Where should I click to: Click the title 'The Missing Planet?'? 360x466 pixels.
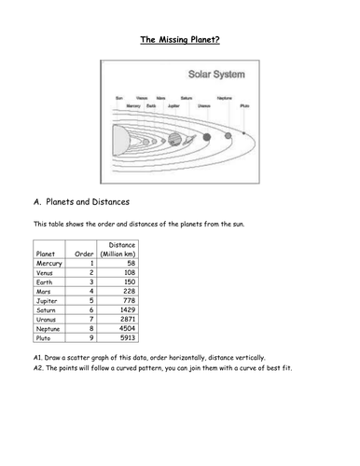point(179,40)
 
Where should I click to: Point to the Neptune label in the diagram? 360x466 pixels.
point(225,98)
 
